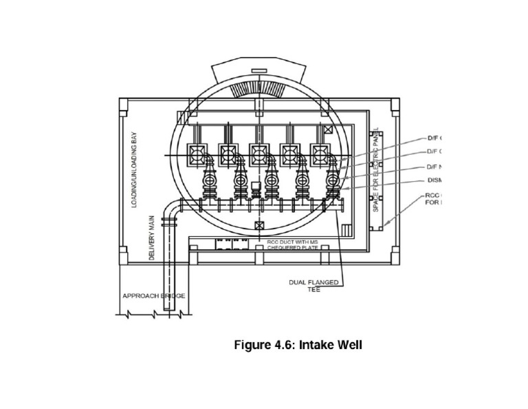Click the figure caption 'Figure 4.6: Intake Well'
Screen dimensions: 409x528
298,344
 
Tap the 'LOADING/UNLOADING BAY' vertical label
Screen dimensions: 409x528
135,169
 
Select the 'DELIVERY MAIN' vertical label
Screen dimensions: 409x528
152,236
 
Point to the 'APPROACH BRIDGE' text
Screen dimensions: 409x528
153,295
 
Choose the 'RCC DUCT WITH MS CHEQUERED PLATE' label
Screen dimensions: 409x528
291,245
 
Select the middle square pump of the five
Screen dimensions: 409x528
258,154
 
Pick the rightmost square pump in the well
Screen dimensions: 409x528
320,154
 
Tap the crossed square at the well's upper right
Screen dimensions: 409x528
329,129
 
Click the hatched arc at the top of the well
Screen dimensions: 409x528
258,90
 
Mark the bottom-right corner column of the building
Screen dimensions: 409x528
394,259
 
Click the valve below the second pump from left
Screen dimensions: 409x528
240,182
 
